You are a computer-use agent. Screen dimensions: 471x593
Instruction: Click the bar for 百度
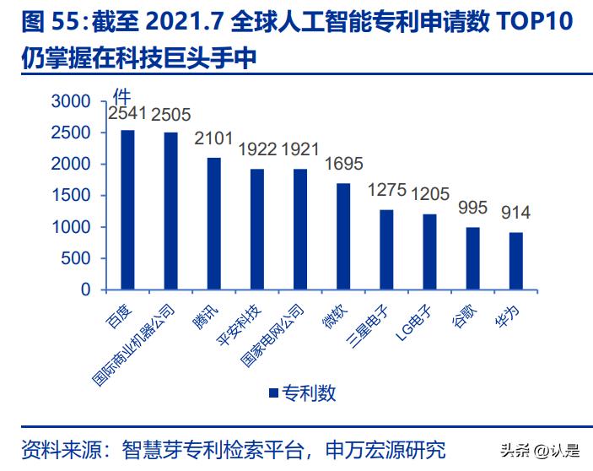[x=127, y=209]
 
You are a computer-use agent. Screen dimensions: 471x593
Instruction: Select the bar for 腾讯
[x=214, y=224]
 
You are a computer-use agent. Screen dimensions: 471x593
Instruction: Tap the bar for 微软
[x=343, y=236]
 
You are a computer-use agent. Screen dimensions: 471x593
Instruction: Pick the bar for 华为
[x=516, y=261]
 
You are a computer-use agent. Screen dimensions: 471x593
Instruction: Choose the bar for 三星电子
[x=386, y=249]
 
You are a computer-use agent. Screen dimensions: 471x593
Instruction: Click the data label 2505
[x=171, y=116]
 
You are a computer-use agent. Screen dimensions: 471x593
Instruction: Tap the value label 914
[x=516, y=213]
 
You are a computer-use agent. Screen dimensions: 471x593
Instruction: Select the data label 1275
[x=387, y=191]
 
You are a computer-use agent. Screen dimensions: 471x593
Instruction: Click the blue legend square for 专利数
[x=273, y=392]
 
